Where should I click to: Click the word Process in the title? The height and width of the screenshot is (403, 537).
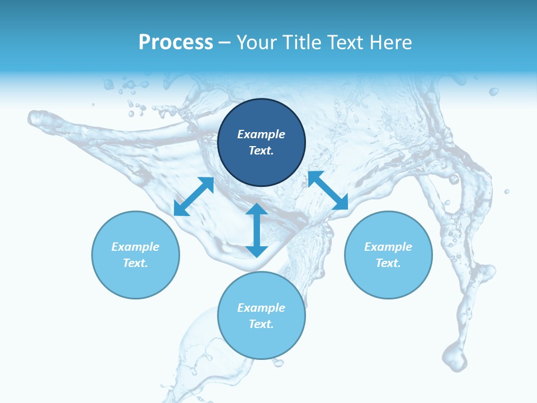click(176, 43)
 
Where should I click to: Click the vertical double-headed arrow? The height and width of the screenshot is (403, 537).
click(257, 230)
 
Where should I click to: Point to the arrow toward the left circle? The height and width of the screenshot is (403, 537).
click(194, 196)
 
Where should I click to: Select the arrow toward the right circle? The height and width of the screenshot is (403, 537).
click(328, 190)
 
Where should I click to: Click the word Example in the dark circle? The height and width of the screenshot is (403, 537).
click(261, 134)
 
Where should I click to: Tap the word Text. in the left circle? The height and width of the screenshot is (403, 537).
click(135, 263)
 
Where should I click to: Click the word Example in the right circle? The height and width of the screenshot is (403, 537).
click(388, 247)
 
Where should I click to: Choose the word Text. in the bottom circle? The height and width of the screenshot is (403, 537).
click(261, 324)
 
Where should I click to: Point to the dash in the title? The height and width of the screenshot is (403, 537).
click(224, 43)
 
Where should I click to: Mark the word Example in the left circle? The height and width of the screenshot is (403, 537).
click(135, 247)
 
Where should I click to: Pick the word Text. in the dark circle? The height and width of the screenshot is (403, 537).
click(261, 151)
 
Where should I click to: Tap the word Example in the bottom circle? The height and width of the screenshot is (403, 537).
click(261, 308)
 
